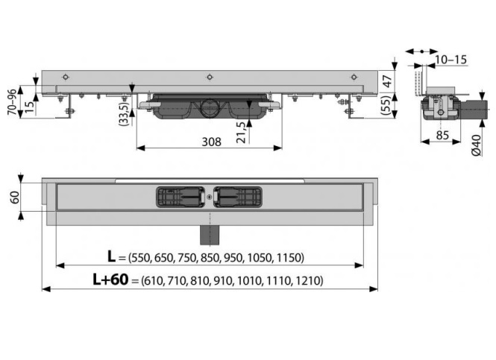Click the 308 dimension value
pyautogui.click(x=211, y=142)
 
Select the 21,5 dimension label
pyautogui.click(x=241, y=133)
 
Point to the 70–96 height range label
pyautogui.click(x=12, y=101)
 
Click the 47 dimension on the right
pyautogui.click(x=388, y=81)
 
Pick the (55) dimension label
pyautogui.click(x=388, y=106)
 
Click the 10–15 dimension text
pyautogui.click(x=451, y=60)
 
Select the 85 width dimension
pyautogui.click(x=442, y=135)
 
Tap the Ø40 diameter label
pyautogui.click(x=477, y=145)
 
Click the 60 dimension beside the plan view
pyautogui.click(x=15, y=198)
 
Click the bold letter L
pyautogui.click(x=111, y=256)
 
